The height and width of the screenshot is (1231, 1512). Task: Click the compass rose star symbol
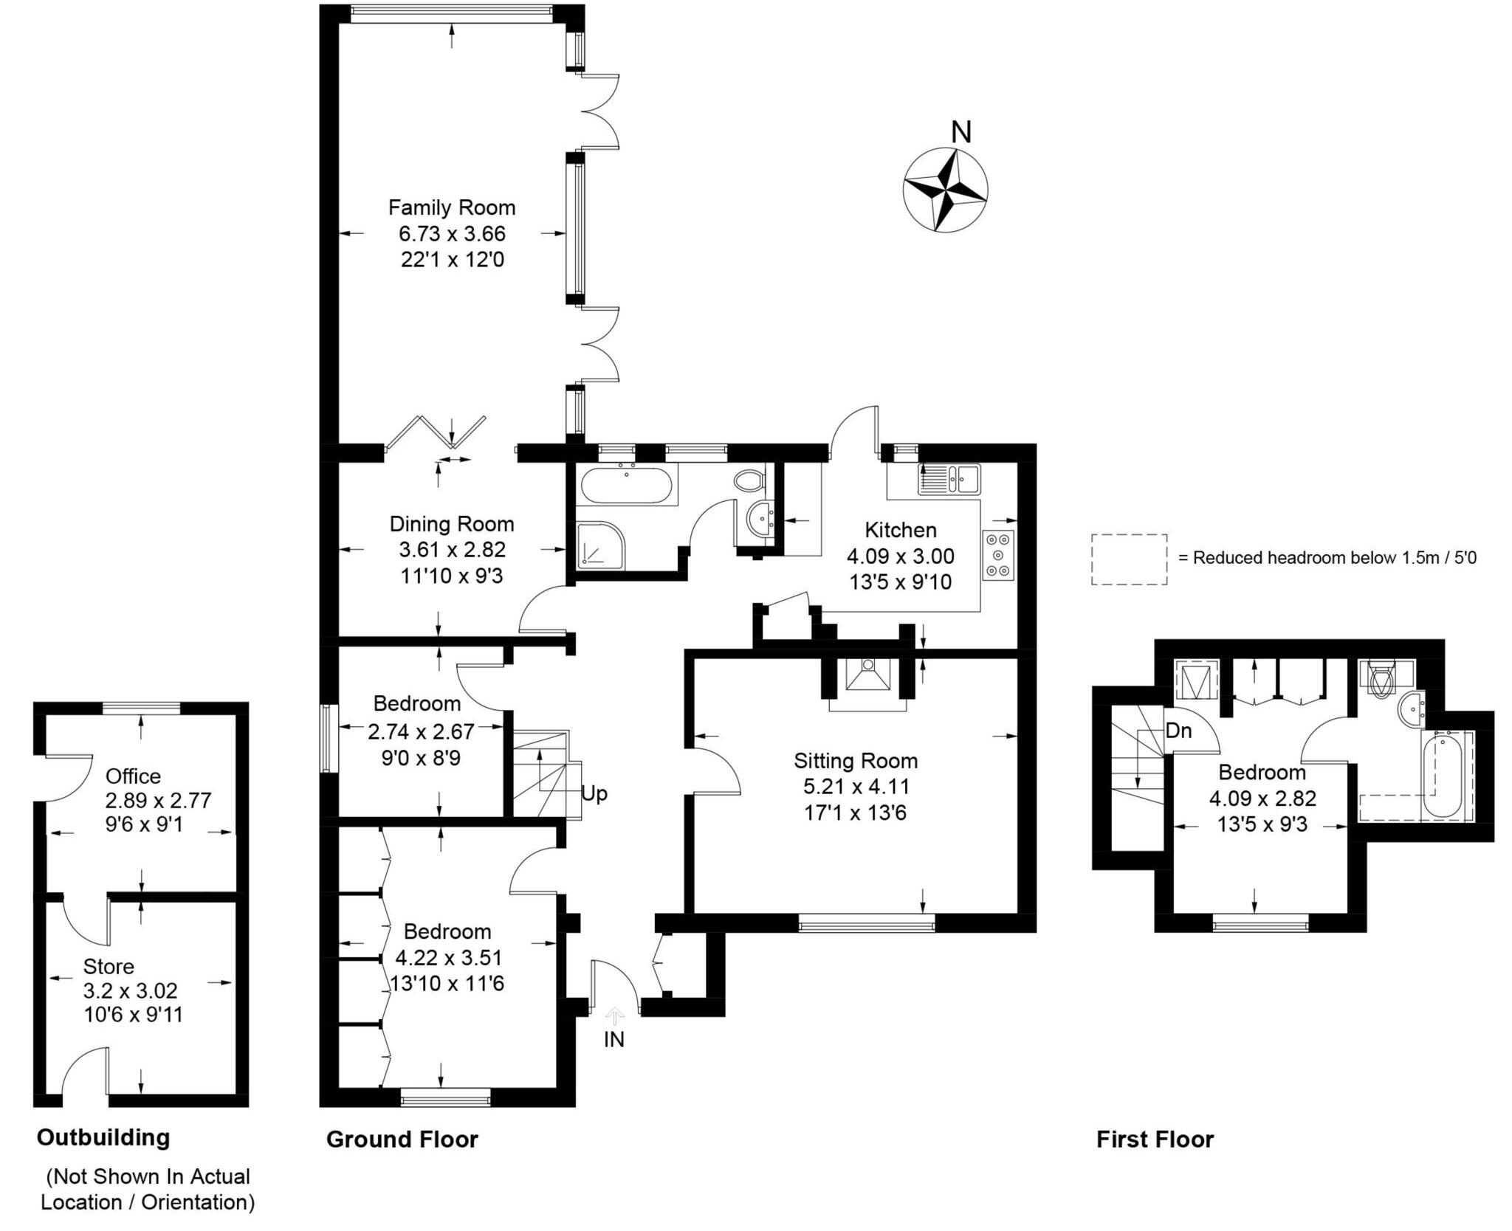pos(945,190)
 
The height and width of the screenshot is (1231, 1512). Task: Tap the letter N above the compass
pos(961,132)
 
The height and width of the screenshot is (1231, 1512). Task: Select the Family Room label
pos(452,207)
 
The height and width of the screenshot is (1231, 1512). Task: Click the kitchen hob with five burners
pos(998,555)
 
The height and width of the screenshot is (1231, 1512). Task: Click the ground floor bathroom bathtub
pos(626,485)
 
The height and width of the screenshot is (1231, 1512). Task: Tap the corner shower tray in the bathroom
pos(599,545)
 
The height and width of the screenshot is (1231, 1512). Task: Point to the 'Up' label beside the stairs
pos(594,793)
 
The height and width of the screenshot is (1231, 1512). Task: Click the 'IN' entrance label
pos(614,1039)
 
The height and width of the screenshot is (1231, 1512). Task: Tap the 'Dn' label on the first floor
pos(1178,731)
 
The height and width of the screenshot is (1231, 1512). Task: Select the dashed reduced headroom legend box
pos(1129,559)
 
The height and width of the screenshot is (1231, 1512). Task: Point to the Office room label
pos(133,776)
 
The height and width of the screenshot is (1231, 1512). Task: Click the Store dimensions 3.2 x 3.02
pos(131,990)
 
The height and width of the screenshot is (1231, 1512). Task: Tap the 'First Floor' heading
pos(1155,1139)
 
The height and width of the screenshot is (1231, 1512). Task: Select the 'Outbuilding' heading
pos(103,1137)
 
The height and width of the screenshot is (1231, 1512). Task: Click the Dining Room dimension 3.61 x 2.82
pos(452,550)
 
